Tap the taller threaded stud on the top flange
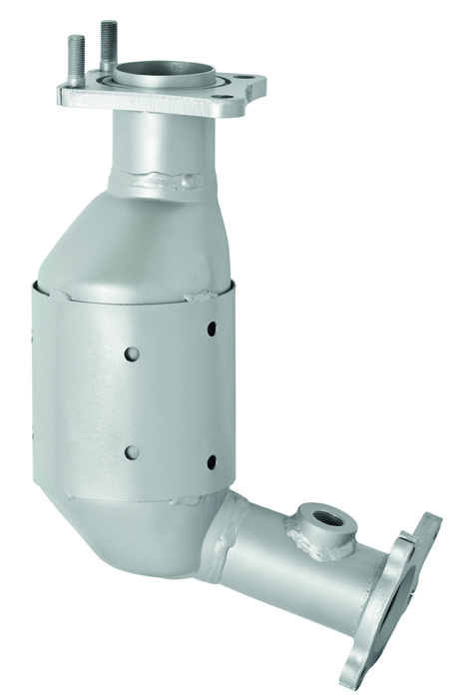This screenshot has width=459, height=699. (108, 44)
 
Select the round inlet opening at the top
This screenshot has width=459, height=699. (165, 75)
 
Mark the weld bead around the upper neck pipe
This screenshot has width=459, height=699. (165, 182)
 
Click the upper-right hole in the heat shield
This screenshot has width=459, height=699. (212, 328)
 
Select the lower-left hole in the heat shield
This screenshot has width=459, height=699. (132, 451)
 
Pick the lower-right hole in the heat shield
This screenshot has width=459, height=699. (212, 461)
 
